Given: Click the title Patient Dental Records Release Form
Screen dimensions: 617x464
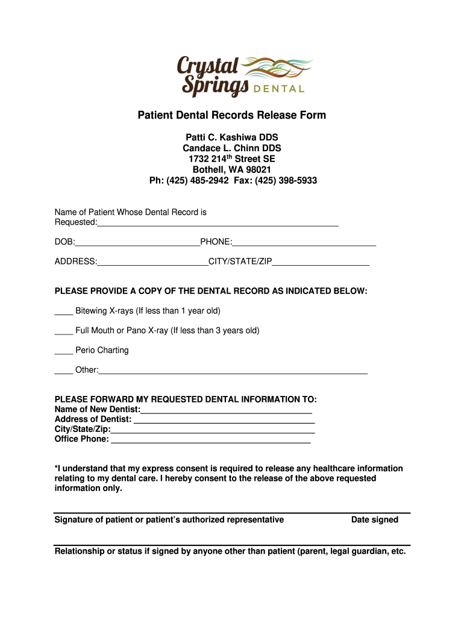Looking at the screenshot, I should pos(232,115).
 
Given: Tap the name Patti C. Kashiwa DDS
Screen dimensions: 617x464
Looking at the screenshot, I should pos(232,137).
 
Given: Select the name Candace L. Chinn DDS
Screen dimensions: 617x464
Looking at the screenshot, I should pos(232,148).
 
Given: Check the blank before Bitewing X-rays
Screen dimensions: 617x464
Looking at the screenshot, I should pos(63,313).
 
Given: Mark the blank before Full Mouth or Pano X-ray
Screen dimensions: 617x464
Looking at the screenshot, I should pos(63,332).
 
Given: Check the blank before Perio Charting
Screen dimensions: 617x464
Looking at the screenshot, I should pos(63,352).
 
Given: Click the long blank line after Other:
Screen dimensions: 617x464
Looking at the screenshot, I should pos(233,372).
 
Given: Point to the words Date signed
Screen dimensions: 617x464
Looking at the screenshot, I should pos(375,520).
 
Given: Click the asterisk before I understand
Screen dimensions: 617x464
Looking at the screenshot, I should pos(56,468).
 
